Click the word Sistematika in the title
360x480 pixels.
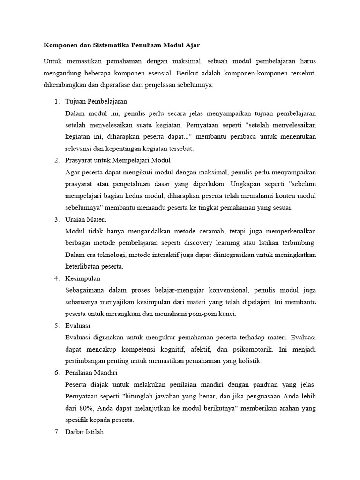(x=105, y=45)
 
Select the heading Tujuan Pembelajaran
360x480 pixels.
(x=96, y=101)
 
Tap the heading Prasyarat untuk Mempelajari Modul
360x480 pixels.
(x=111, y=160)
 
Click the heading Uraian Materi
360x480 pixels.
(x=86, y=219)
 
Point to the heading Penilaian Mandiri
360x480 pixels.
(x=91, y=373)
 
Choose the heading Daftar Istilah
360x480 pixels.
(x=84, y=432)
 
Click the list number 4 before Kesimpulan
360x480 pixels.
(x=56, y=278)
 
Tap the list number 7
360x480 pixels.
(x=56, y=432)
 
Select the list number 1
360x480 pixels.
(x=56, y=101)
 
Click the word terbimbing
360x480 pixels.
(x=301, y=243)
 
